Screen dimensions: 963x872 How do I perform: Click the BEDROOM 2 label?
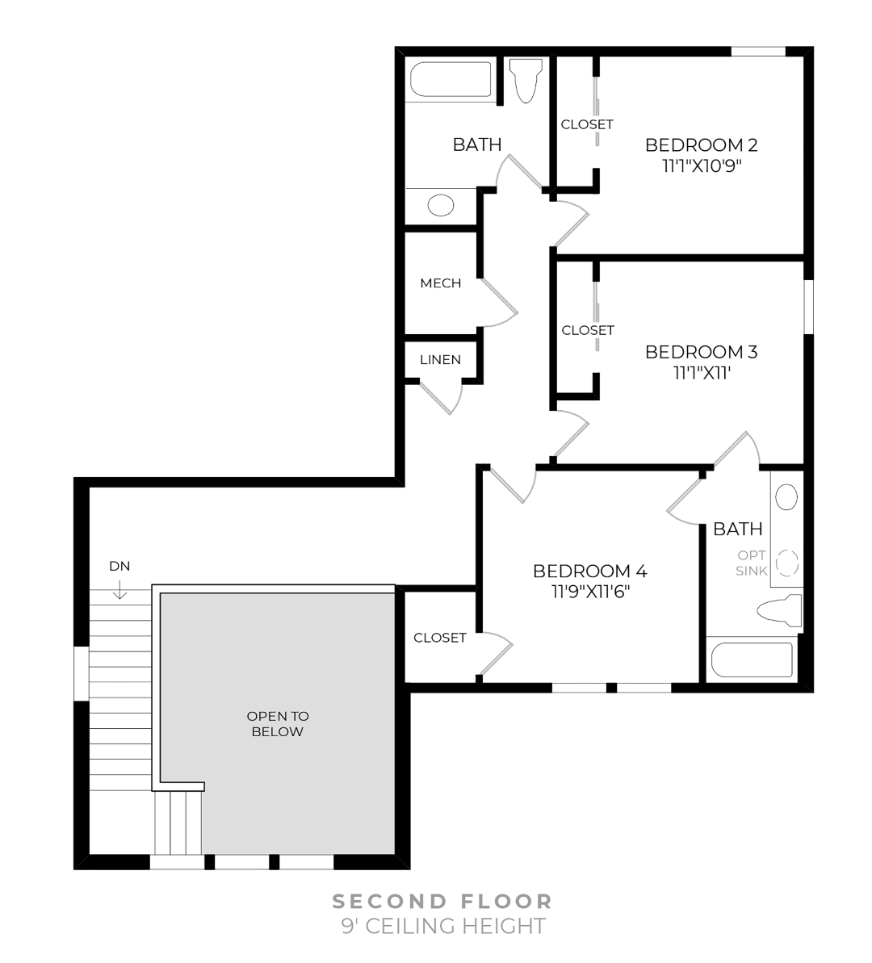coord(701,145)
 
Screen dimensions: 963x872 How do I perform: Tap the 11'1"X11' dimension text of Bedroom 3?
coord(701,373)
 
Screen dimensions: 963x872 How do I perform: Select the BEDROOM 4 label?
coord(589,572)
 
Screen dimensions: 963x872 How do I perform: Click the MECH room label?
coord(440,283)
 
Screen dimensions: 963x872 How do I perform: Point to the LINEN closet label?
coord(440,360)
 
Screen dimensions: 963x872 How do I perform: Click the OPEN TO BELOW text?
coord(277,724)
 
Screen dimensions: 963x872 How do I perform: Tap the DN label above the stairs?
coord(119,566)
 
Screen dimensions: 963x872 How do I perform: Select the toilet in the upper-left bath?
coord(526,81)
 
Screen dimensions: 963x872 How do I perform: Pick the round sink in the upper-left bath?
coord(440,205)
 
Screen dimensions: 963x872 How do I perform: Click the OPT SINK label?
coord(751,563)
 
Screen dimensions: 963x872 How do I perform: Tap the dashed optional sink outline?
coord(787,562)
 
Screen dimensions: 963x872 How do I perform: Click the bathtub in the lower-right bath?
coord(751,659)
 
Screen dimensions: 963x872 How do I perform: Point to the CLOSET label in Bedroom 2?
coord(587,124)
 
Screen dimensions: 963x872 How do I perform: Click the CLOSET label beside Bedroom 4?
coord(440,638)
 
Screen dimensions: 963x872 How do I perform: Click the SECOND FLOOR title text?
coord(442,901)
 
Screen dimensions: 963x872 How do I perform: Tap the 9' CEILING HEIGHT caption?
coord(442,926)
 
